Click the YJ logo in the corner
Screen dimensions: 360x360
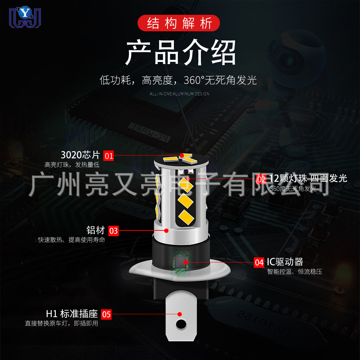click(x=25, y=17)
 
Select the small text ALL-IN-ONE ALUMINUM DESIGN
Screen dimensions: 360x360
click(x=179, y=94)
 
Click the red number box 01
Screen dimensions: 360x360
click(x=109, y=156)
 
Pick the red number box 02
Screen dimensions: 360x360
click(x=261, y=179)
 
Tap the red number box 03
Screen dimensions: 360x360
click(x=114, y=231)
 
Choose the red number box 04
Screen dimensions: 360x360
click(x=259, y=262)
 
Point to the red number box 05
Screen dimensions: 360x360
click(x=107, y=314)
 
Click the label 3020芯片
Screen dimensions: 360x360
click(x=80, y=155)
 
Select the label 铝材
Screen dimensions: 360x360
click(x=95, y=230)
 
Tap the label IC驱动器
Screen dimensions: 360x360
click(x=285, y=262)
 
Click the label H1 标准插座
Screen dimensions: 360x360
click(x=72, y=313)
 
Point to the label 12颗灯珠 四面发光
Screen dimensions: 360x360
click(x=308, y=178)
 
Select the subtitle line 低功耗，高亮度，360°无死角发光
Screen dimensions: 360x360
click(x=178, y=80)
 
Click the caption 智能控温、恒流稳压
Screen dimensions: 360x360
click(x=294, y=272)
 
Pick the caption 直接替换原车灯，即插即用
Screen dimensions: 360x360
click(x=61, y=323)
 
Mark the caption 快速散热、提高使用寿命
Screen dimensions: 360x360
click(x=72, y=240)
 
